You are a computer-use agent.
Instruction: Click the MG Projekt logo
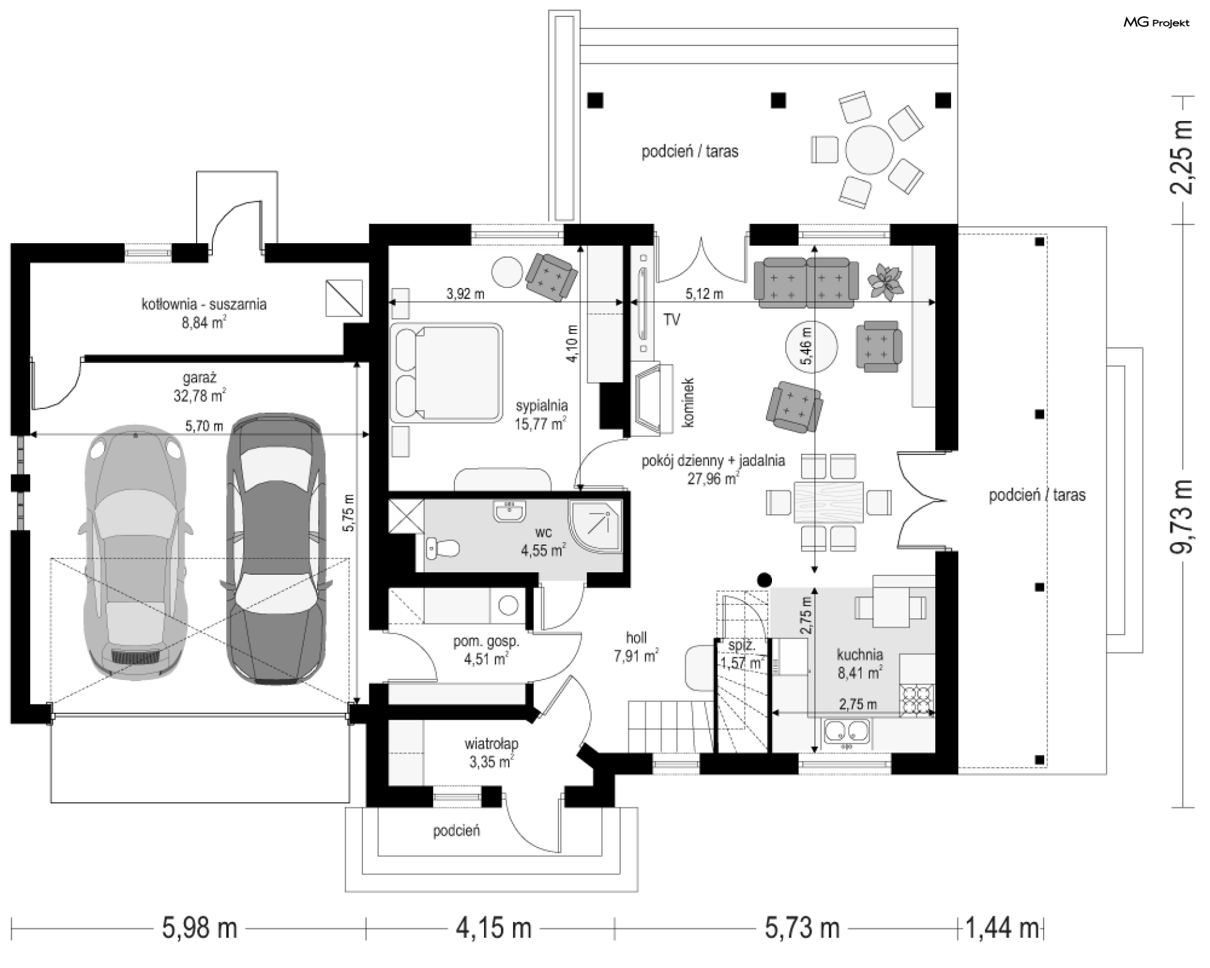coord(1156,23)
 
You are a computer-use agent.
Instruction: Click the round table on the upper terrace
coord(869,151)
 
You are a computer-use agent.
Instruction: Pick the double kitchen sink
coord(847,732)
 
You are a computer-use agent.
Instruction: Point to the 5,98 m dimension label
coord(200,928)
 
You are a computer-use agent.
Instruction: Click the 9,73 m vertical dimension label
coord(1181,516)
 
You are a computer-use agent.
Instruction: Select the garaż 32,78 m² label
coord(200,386)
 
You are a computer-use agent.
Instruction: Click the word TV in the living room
coord(672,320)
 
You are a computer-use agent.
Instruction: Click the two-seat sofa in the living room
coord(806,282)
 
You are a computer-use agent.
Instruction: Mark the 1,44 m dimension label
coord(1002,928)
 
